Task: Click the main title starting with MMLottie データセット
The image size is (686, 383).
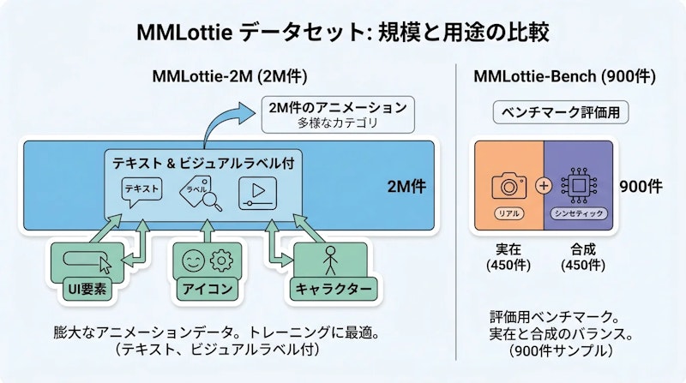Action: point(343,33)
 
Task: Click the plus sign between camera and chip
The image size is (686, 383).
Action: point(543,185)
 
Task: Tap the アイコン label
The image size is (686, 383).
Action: point(204,289)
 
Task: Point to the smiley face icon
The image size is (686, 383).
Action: point(191,259)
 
